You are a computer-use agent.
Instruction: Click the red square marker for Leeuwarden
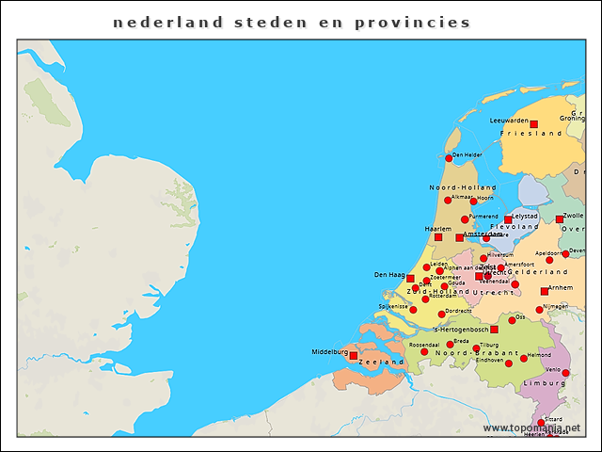coord(533,124)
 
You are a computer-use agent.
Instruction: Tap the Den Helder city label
coord(467,154)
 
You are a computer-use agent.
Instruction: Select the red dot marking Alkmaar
coord(449,200)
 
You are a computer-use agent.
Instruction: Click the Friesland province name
coord(531,134)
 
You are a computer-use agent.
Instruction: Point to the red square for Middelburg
coord(354,356)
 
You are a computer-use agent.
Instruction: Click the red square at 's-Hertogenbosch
coord(494,330)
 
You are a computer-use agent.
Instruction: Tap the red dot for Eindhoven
coord(509,363)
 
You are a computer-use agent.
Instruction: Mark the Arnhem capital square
coord(545,291)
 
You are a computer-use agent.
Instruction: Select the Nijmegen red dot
coord(540,310)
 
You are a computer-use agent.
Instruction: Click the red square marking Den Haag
coord(410,278)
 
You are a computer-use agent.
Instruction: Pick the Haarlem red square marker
coord(437,237)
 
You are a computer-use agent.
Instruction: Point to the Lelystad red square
coord(508,219)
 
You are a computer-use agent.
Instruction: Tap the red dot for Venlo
coord(566,374)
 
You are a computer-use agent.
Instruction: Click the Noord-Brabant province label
coord(466,352)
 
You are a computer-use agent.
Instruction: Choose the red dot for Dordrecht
coord(441,315)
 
